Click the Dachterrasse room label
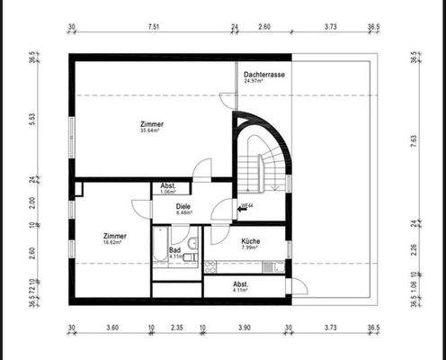click(x=264, y=74)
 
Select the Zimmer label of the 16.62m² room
click(x=114, y=235)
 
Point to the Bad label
click(x=174, y=249)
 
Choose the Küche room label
click(x=251, y=242)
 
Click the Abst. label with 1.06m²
click(x=168, y=185)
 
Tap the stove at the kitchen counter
click(x=211, y=265)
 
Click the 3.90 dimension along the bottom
click(x=245, y=328)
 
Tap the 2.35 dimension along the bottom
click(x=177, y=328)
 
